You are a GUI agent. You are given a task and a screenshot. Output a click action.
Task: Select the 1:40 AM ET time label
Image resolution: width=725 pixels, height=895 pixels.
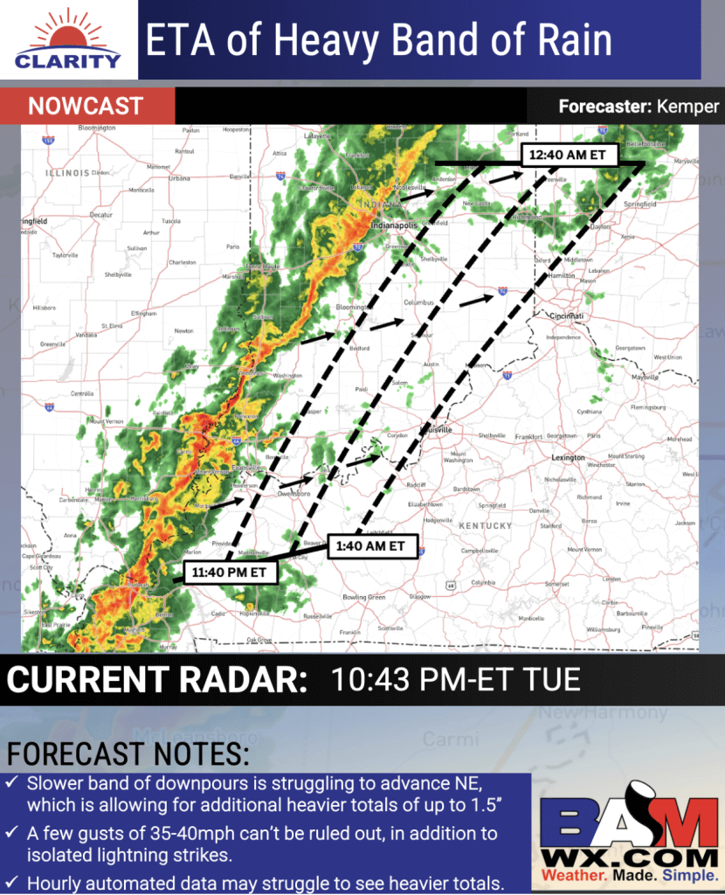[371, 545]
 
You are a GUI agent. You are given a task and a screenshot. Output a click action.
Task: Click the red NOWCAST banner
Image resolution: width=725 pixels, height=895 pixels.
[86, 107]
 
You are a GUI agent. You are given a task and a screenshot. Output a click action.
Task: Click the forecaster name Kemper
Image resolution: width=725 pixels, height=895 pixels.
[689, 107]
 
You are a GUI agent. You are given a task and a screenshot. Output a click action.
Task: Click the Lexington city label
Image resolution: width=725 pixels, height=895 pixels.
[568, 457]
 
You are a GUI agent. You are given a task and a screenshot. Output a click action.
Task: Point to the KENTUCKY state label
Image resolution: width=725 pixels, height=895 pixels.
[486, 525]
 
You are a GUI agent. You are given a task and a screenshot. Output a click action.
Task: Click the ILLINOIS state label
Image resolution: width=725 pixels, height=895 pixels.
[66, 173]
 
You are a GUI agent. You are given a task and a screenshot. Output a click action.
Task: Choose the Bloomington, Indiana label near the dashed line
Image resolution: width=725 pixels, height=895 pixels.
[355, 309]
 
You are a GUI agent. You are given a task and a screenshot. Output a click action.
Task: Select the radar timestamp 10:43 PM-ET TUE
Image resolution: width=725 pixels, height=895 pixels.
[455, 679]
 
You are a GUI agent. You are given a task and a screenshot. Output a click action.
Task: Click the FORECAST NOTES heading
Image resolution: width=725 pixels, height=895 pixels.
[128, 753]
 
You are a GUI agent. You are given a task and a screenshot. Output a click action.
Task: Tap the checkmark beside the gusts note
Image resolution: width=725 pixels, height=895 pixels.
[12, 835]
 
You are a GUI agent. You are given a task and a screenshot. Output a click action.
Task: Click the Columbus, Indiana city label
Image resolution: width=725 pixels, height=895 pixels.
[418, 302]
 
